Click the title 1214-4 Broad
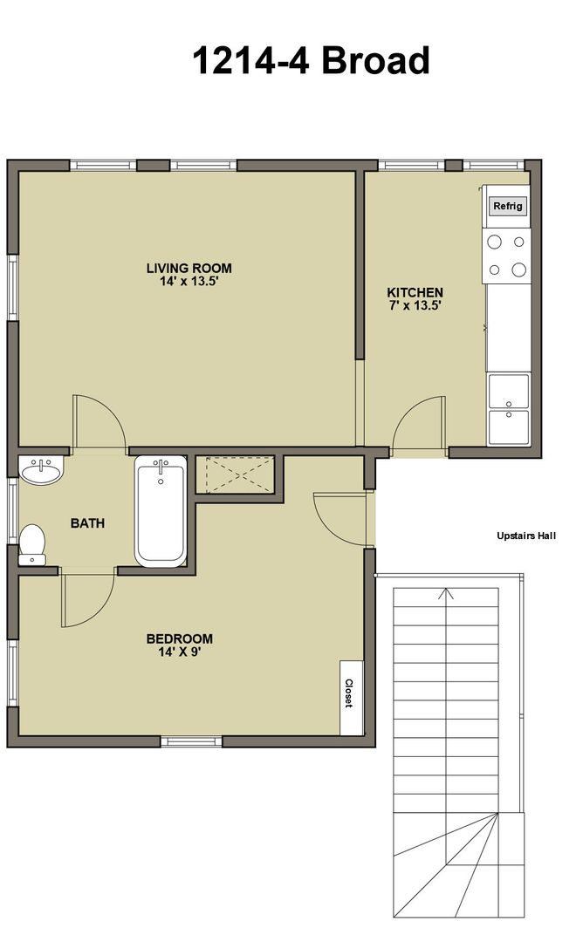click(311, 61)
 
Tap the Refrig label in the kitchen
click(508, 206)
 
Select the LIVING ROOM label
click(189, 269)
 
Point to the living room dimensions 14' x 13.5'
click(189, 281)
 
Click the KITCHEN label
click(415, 292)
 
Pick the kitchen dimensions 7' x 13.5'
click(415, 305)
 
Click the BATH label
click(88, 523)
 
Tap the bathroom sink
click(41, 470)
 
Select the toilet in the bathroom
click(32, 545)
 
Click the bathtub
click(161, 511)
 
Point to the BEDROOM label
click(180, 638)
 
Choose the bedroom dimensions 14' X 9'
click(173, 652)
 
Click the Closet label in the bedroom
click(348, 693)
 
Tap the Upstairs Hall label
click(526, 536)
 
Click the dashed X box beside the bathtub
click(240, 474)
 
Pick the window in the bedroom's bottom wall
click(192, 741)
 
